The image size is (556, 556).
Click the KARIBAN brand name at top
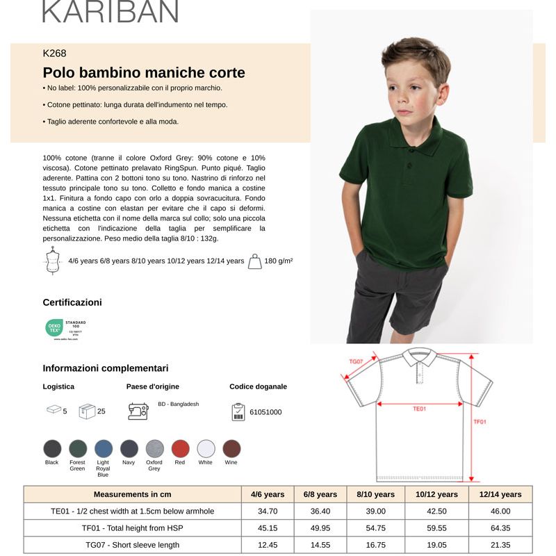point(111,11)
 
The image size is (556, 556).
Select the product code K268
point(55,53)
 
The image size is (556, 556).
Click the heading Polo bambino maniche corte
point(144,73)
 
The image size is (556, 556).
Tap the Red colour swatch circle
point(180,448)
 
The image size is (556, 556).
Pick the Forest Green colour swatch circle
point(78,448)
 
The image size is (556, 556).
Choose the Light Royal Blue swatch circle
point(104,448)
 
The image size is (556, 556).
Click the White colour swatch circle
point(206,448)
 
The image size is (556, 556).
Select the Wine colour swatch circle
point(231,448)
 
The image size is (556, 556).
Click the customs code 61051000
point(265,412)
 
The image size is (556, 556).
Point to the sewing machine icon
point(138,411)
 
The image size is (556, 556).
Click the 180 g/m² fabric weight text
point(278,261)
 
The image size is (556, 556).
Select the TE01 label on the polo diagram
point(419,409)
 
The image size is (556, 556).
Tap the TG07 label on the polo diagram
point(356,361)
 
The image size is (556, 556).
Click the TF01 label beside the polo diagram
point(480,421)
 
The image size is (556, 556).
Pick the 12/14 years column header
point(500,494)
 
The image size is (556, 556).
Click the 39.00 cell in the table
point(375,511)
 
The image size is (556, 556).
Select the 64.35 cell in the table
point(500,528)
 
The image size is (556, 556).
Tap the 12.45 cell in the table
point(268,545)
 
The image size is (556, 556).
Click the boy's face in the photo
point(416,90)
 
